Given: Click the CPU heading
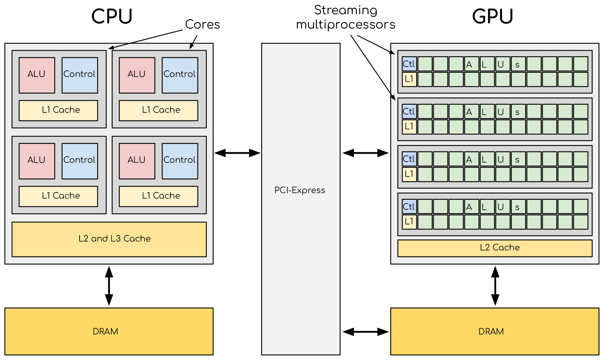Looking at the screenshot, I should [112, 16].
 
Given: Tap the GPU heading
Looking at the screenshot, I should [492, 16].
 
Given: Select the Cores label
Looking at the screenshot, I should [203, 24].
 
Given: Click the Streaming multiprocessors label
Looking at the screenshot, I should [346, 17].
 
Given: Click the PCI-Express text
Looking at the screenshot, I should [300, 190].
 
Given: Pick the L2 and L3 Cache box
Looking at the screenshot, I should [109, 239].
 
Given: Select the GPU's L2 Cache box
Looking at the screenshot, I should [495, 248].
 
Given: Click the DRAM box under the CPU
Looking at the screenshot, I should [109, 331].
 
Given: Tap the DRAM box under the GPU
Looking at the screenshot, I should [495, 331].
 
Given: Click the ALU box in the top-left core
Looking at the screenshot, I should [37, 75].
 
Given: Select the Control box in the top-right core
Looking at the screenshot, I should [180, 75].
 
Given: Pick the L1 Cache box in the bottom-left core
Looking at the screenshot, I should [58, 196].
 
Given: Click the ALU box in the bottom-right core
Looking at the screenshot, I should [137, 161].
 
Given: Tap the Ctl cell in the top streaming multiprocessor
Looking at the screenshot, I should [409, 64].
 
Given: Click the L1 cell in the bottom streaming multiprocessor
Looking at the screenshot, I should [409, 222].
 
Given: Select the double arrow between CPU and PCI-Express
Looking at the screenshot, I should [237, 153].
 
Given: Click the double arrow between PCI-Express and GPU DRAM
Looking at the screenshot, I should [365, 332].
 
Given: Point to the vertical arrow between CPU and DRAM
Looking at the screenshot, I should [109, 286].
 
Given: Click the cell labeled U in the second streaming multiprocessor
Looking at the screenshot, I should [502, 112].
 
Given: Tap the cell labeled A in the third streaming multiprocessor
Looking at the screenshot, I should [471, 159].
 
